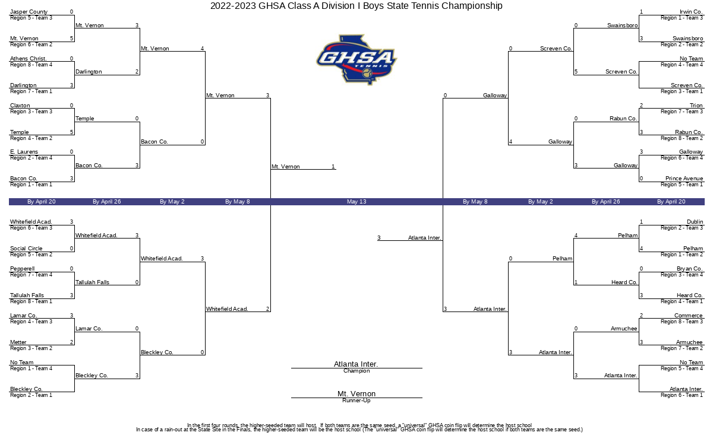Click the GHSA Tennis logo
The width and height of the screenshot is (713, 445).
(x=356, y=59)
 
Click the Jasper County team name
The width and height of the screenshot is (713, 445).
(x=29, y=12)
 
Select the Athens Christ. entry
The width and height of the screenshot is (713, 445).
(x=29, y=59)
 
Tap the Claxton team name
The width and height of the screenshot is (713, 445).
(x=20, y=106)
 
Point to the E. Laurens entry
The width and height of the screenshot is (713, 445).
(x=24, y=152)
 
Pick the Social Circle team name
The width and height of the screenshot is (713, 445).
(x=26, y=249)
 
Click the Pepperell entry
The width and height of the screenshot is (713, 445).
(x=23, y=269)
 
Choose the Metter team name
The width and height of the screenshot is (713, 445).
(x=18, y=342)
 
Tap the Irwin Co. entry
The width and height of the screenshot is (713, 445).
(x=691, y=12)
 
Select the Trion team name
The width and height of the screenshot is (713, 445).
(x=696, y=106)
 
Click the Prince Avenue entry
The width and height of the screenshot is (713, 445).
(x=684, y=179)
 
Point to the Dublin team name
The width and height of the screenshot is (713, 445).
(x=695, y=222)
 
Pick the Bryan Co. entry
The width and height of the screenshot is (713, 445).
(x=689, y=269)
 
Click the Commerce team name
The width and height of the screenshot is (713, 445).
(x=689, y=316)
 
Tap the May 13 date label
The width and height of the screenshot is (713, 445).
(x=356, y=202)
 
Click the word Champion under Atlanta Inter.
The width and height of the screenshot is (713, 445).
(x=356, y=371)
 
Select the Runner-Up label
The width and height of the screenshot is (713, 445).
(x=356, y=401)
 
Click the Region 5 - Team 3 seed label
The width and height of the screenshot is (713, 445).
(x=31, y=18)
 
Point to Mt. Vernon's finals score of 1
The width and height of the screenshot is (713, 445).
(x=333, y=167)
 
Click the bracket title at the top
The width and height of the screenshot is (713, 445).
(x=356, y=6)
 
